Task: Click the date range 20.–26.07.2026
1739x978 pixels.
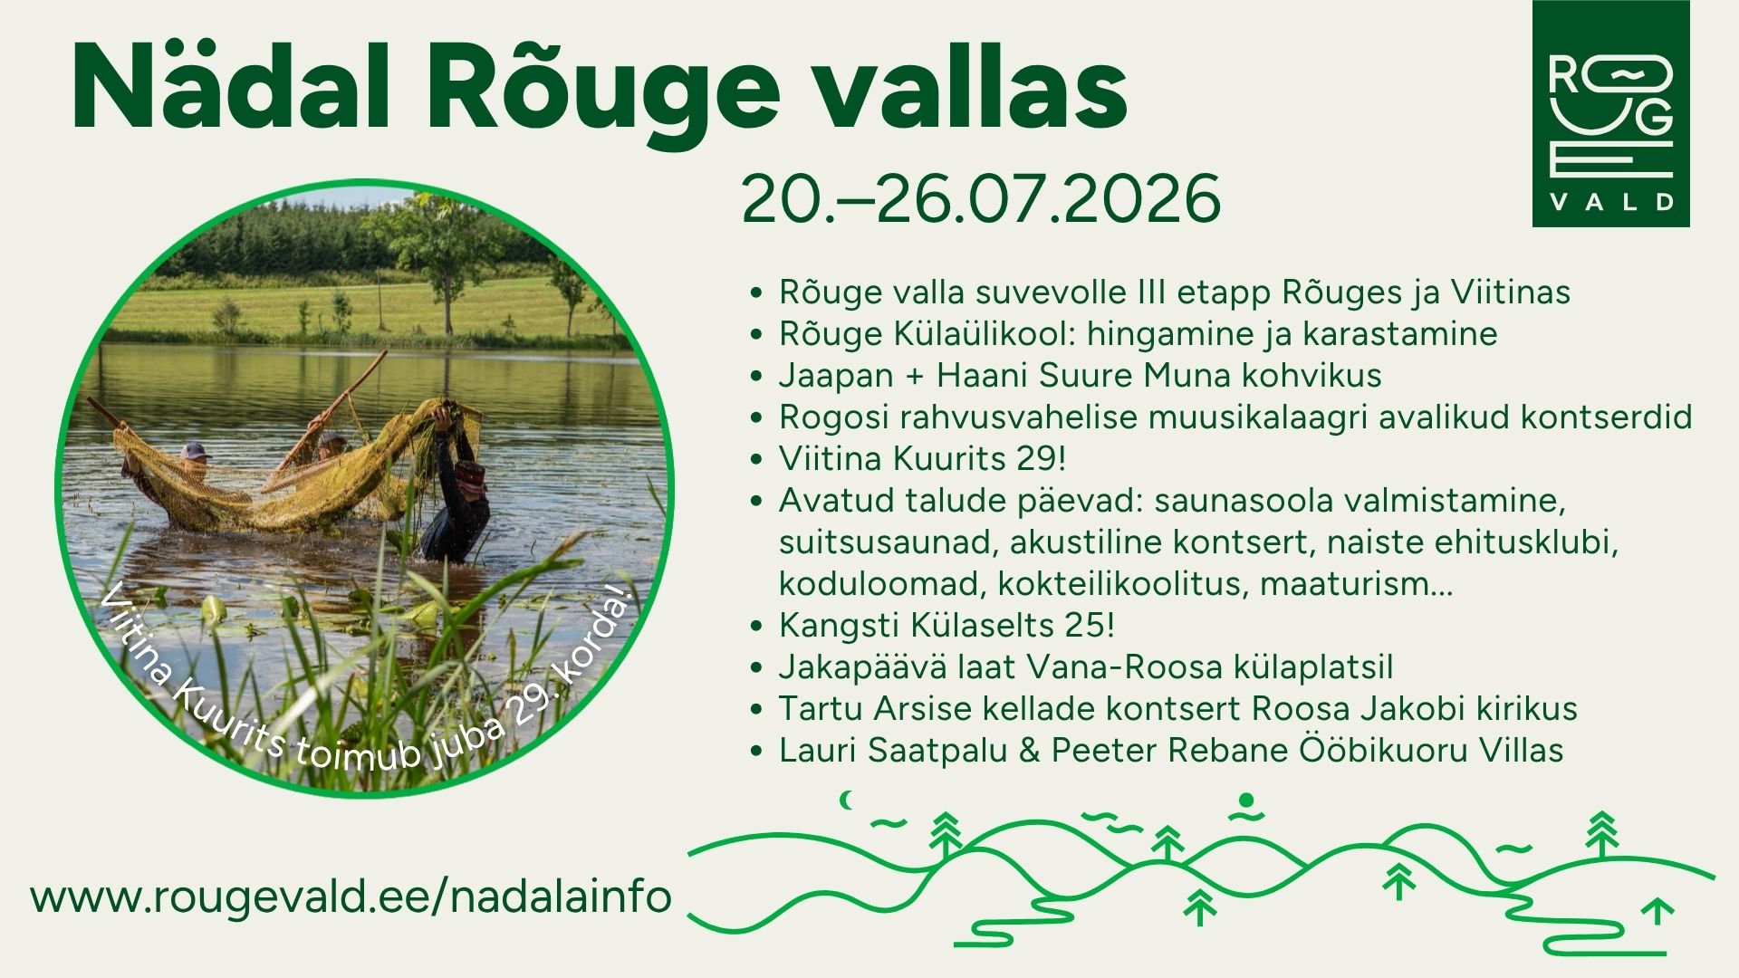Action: [x=981, y=199]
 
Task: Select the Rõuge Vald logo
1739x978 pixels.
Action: [x=1610, y=113]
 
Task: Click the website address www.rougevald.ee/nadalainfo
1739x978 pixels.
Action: [x=351, y=896]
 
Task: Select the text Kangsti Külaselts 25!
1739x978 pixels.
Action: [x=946, y=625]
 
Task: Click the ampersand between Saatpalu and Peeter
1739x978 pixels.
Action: [x=1029, y=751]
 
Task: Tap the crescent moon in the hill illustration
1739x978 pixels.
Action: [x=848, y=800]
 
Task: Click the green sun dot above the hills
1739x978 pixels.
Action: [x=1246, y=800]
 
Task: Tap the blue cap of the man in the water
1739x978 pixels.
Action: [x=194, y=450]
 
